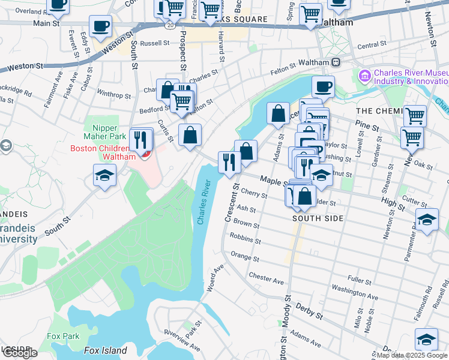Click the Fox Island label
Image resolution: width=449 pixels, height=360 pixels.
coord(105,350)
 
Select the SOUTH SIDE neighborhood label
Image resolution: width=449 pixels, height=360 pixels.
coord(318,218)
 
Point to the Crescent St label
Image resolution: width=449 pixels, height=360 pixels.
coord(231,204)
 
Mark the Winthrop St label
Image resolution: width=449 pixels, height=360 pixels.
coord(113,95)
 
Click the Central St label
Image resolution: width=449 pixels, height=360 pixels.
coord(372,45)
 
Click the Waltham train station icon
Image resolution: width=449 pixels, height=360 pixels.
coord(336,62)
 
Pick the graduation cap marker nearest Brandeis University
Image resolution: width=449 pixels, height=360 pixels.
coord(104,175)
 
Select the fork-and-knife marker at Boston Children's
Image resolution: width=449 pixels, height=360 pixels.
coord(141,140)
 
